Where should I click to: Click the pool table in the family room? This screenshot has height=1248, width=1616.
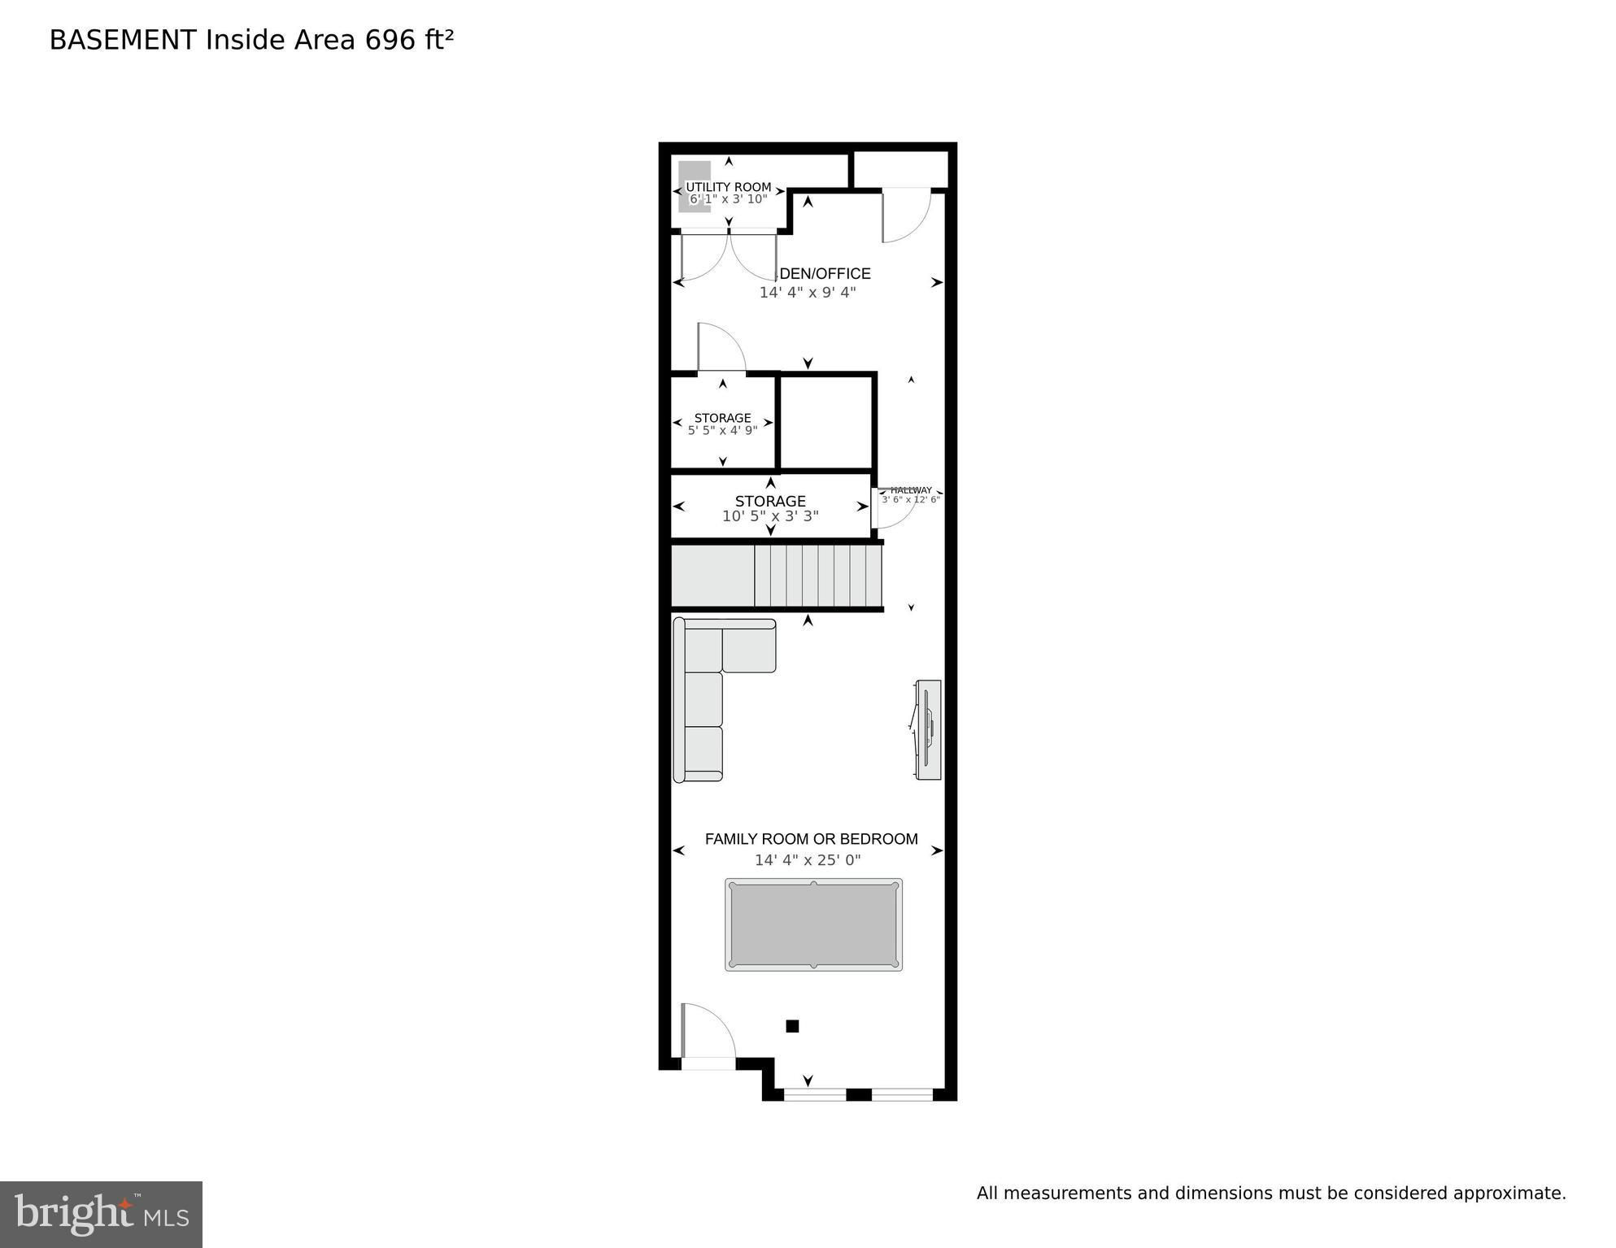(813, 924)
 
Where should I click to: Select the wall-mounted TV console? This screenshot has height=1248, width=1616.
(928, 729)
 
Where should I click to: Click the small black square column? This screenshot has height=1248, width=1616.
(792, 1026)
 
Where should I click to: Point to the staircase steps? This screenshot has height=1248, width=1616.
(818, 576)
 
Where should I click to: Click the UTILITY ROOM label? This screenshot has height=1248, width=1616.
(728, 187)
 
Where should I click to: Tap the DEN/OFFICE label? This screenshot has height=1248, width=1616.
(825, 274)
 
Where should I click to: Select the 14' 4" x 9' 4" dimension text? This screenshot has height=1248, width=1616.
(808, 293)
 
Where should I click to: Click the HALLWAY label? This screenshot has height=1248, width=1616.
(911, 490)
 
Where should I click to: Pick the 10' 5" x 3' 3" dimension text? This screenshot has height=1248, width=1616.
(770, 516)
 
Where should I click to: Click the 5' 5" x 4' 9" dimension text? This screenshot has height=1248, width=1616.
(722, 430)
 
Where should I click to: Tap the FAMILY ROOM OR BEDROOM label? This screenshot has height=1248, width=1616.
(811, 839)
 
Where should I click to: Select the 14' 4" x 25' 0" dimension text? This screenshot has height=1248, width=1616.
(808, 860)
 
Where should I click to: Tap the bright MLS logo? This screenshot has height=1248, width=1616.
(101, 1214)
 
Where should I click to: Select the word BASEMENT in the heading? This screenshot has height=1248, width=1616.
(123, 40)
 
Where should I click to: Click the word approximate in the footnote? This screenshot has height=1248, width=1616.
(1509, 1194)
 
